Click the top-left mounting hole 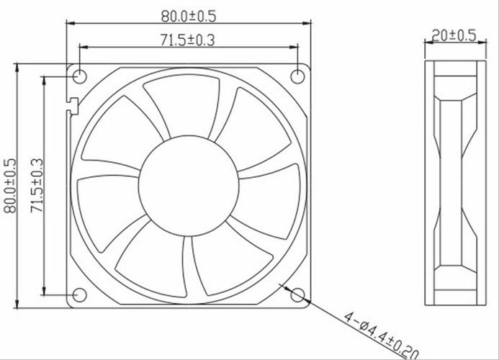[x=79, y=76]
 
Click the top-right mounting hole [x=298, y=76]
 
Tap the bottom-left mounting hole [x=79, y=295]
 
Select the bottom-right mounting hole [x=298, y=295]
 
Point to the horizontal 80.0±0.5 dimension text [x=189, y=17]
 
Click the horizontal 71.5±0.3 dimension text [x=188, y=40]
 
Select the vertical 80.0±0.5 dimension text [x=10, y=186]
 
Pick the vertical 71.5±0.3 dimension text [x=37, y=186]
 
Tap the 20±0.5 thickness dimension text [x=454, y=35]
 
